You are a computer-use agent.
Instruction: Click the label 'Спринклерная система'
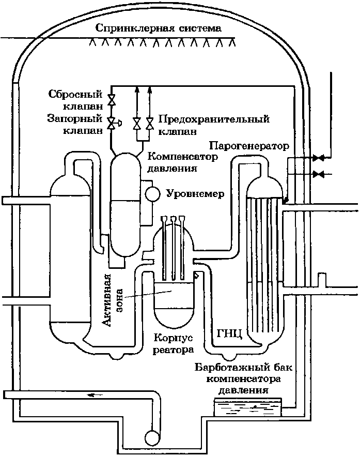click(159, 28)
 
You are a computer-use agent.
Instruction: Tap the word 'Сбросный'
click(75, 95)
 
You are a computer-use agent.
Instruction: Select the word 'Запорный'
click(75, 119)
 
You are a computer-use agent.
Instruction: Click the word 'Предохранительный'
click(214, 119)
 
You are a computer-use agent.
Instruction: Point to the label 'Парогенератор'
click(249, 145)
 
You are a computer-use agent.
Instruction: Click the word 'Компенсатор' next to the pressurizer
click(183, 157)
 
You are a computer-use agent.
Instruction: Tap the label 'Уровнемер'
click(195, 194)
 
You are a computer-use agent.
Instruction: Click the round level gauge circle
click(152, 194)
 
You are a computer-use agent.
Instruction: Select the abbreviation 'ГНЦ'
click(229, 333)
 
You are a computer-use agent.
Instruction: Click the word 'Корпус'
click(173, 338)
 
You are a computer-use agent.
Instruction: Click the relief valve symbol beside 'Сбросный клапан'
click(111, 100)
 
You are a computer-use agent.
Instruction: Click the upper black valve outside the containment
click(319, 158)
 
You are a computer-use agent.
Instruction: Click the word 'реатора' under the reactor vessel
click(173, 349)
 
